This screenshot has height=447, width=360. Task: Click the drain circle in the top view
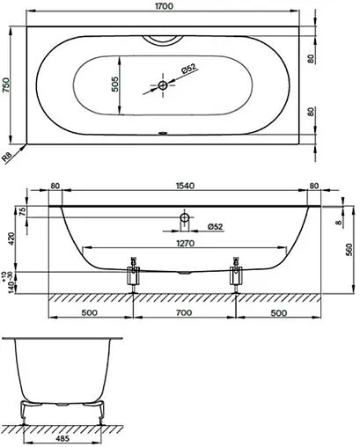click(x=164, y=85)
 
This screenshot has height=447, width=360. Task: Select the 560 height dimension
click(x=350, y=249)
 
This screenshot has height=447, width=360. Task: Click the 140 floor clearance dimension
click(x=10, y=283)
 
